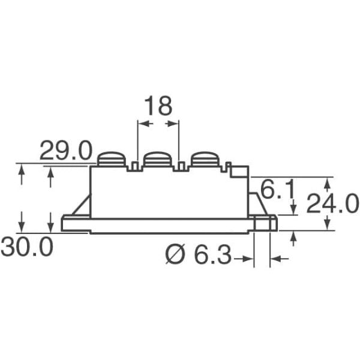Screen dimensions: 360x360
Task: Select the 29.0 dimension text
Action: [x=65, y=152]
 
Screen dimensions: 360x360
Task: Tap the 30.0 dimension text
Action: [x=26, y=247]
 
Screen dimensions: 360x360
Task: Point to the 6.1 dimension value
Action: [x=277, y=193]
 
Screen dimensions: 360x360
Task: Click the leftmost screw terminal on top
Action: [x=112, y=159]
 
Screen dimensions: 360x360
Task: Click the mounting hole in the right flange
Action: [x=262, y=224]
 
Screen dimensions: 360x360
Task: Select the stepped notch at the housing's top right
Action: [x=239, y=172]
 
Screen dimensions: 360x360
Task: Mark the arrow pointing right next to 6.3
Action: [x=247, y=259]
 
